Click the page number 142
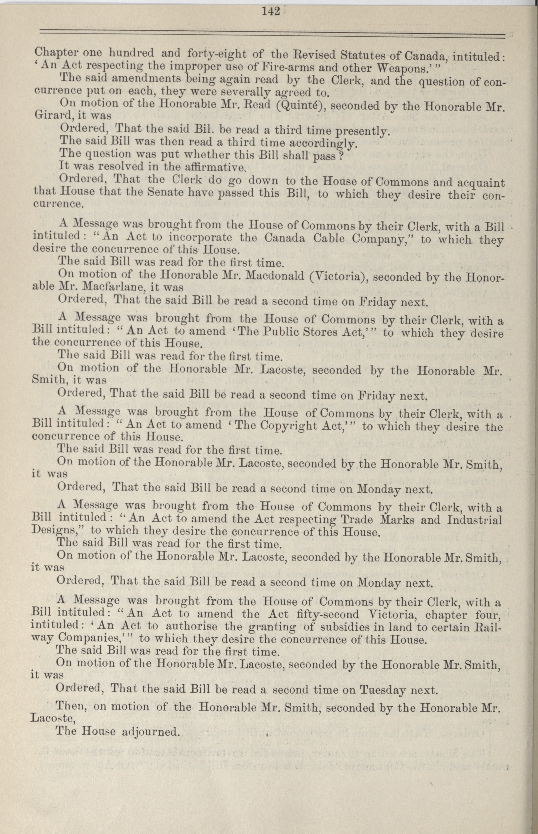(271, 12)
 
